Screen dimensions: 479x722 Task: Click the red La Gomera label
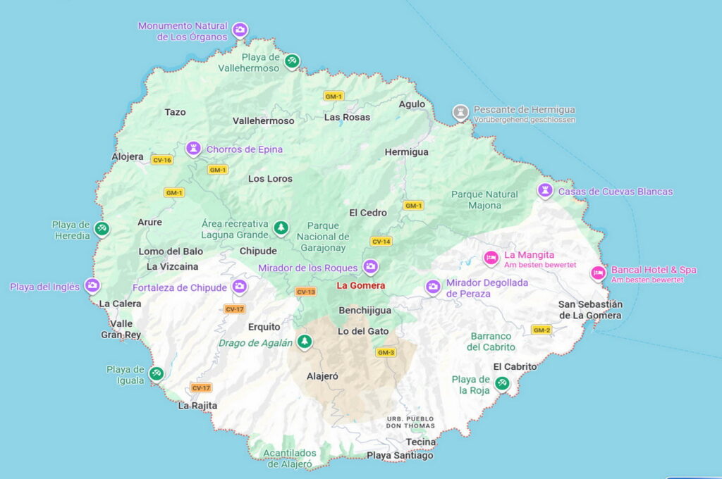(x=360, y=285)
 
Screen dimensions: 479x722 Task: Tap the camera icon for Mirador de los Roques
(x=370, y=267)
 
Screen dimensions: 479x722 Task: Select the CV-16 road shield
(x=161, y=160)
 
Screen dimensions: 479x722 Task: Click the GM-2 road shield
(x=541, y=330)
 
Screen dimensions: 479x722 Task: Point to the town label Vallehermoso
(x=263, y=121)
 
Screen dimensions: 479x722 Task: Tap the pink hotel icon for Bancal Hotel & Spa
(x=598, y=273)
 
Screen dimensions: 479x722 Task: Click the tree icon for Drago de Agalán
(x=305, y=342)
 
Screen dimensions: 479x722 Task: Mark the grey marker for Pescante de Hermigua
(x=460, y=113)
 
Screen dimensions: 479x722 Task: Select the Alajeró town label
(x=322, y=376)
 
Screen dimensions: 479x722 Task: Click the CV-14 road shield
(x=381, y=242)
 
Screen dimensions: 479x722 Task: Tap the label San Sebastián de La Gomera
(x=590, y=310)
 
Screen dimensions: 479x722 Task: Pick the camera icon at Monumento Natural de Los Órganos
(x=240, y=30)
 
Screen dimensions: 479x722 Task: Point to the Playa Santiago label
(x=400, y=456)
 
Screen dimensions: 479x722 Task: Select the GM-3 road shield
(x=386, y=352)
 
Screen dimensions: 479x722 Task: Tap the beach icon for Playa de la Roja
(x=502, y=384)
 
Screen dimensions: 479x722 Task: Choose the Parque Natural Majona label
(x=484, y=200)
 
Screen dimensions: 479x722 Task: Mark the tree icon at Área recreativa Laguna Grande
(x=281, y=228)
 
